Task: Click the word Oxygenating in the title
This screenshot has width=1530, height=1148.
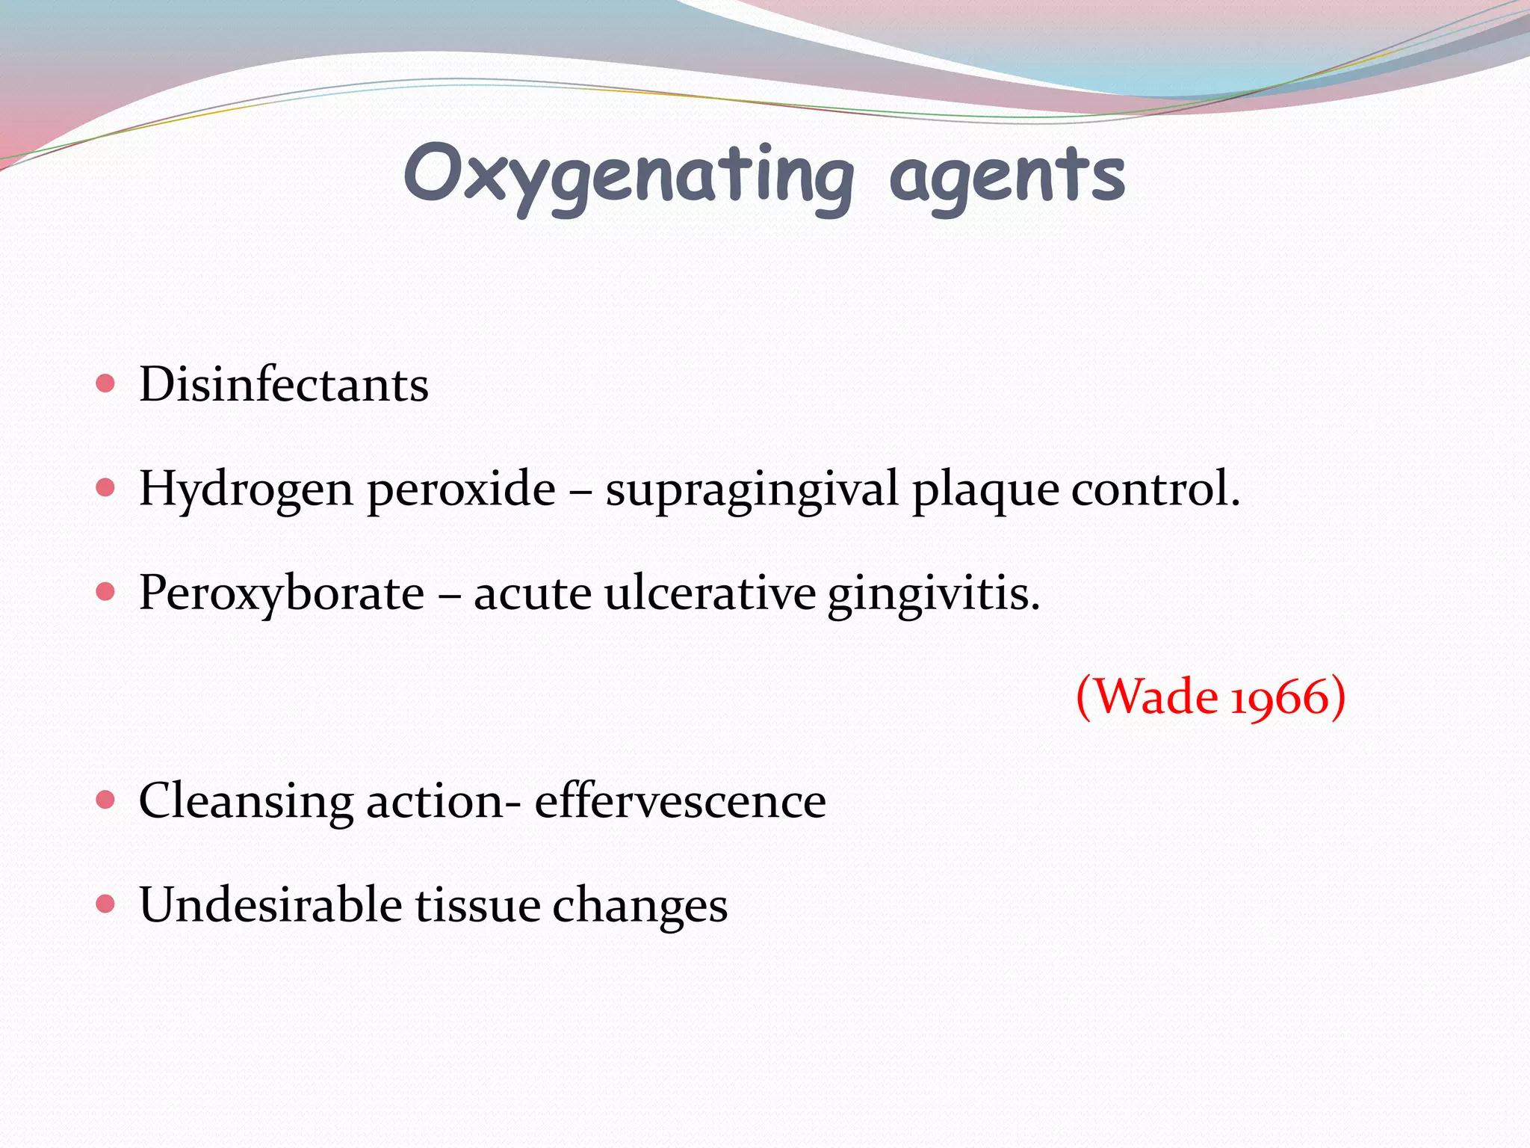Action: click(628, 176)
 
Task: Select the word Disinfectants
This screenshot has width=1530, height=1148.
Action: click(284, 386)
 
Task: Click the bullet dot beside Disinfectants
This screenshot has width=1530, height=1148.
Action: click(106, 384)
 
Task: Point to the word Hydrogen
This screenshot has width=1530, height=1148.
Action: click(246, 490)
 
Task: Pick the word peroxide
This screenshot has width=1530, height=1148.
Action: click(461, 490)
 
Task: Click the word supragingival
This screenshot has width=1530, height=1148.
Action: click(752, 490)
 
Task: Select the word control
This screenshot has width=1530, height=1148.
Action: click(1155, 489)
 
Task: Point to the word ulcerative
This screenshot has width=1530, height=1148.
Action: click(710, 593)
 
